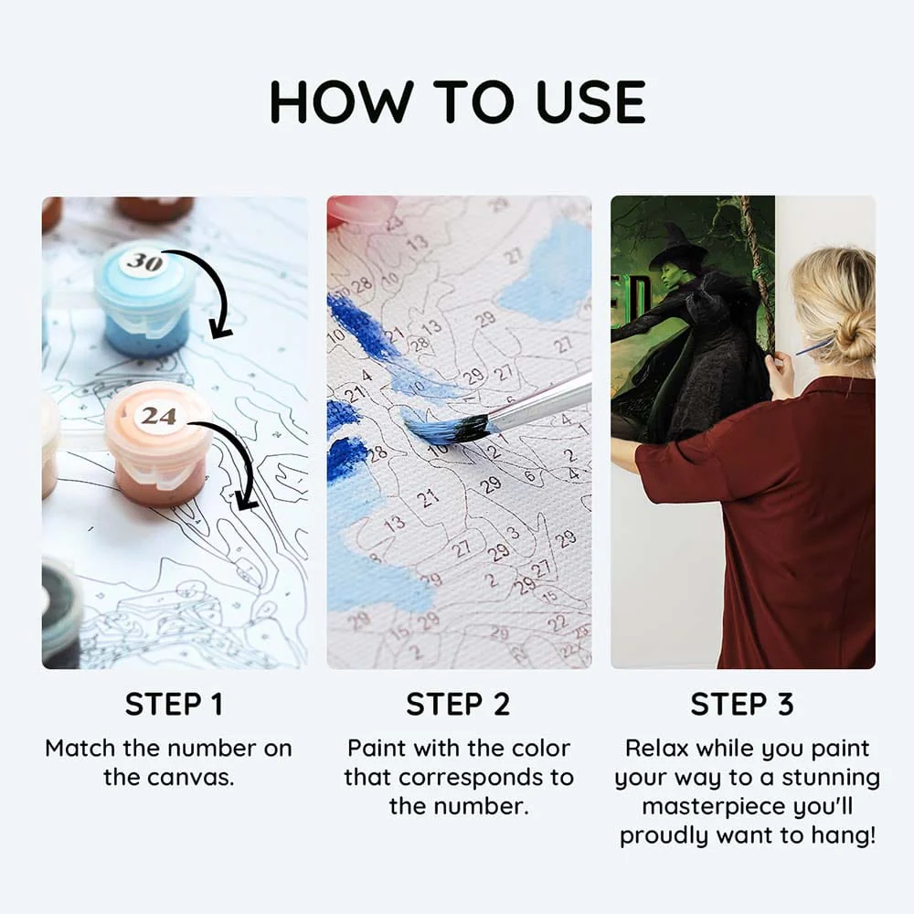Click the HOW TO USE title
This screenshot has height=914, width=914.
458,102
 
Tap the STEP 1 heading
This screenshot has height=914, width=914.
175,704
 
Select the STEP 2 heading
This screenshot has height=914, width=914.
458,704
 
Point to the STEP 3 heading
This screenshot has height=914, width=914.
742,704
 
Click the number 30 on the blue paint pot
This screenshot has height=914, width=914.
144,262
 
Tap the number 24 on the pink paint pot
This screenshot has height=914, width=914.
158,416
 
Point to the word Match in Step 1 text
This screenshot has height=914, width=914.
80,748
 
